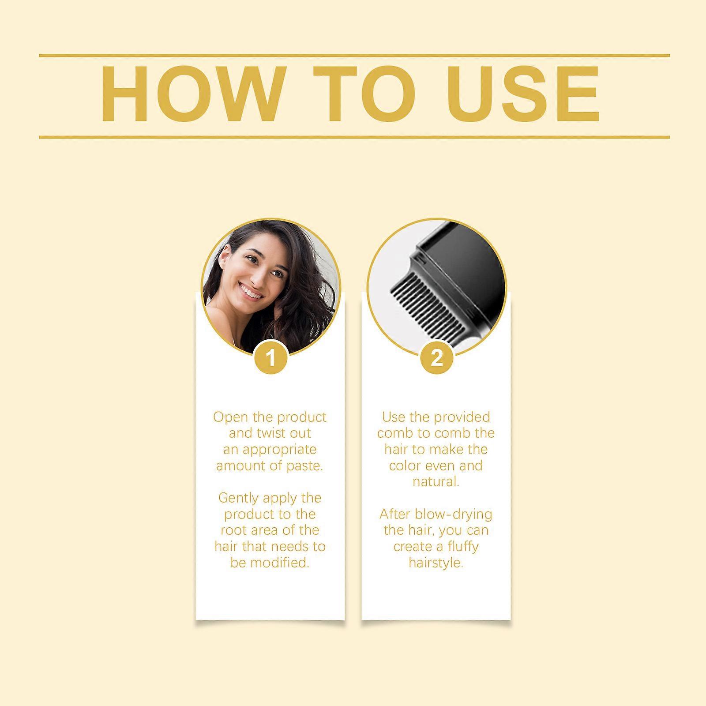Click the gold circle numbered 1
pyautogui.click(x=271, y=357)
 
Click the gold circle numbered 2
pyautogui.click(x=436, y=357)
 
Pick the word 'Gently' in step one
pyautogui.click(x=238, y=499)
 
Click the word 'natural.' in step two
pyautogui.click(x=436, y=481)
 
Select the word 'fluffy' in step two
pyautogui.click(x=462, y=547)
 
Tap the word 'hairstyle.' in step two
pyautogui.click(x=436, y=563)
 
